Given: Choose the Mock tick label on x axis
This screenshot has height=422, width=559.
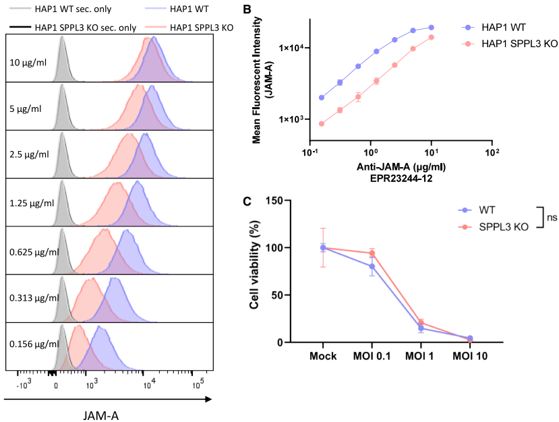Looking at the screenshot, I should point(323,355).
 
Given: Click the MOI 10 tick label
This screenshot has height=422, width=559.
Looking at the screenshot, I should point(470,355).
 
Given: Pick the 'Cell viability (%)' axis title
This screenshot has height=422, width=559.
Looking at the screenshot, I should point(255,271).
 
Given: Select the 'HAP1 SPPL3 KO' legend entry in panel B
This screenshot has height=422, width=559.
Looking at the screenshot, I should point(510,43).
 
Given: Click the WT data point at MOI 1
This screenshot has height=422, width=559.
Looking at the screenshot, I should point(421,328).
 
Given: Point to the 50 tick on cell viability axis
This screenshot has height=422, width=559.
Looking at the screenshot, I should point(279,295).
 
